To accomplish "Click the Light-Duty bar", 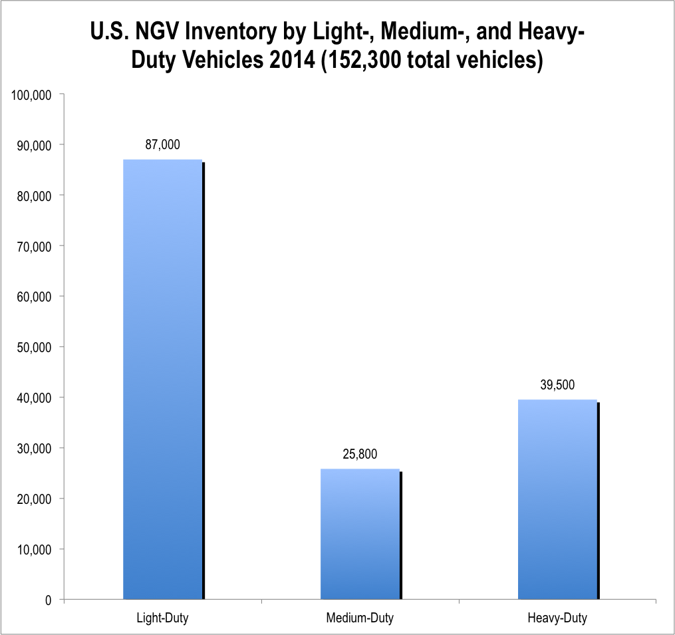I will tap(163, 379).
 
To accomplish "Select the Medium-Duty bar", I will tap(360, 534).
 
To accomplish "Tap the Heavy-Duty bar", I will tap(557, 499).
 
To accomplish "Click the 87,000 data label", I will tap(162, 144).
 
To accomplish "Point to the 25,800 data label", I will tap(360, 455).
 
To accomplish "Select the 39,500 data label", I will tap(557, 385).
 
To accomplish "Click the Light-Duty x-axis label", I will tap(162, 618).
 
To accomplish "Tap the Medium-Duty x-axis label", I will tap(360, 618).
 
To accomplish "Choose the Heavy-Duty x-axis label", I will tap(557, 618).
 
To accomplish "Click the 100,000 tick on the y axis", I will tap(32, 95).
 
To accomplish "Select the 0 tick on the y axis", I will tap(49, 600).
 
